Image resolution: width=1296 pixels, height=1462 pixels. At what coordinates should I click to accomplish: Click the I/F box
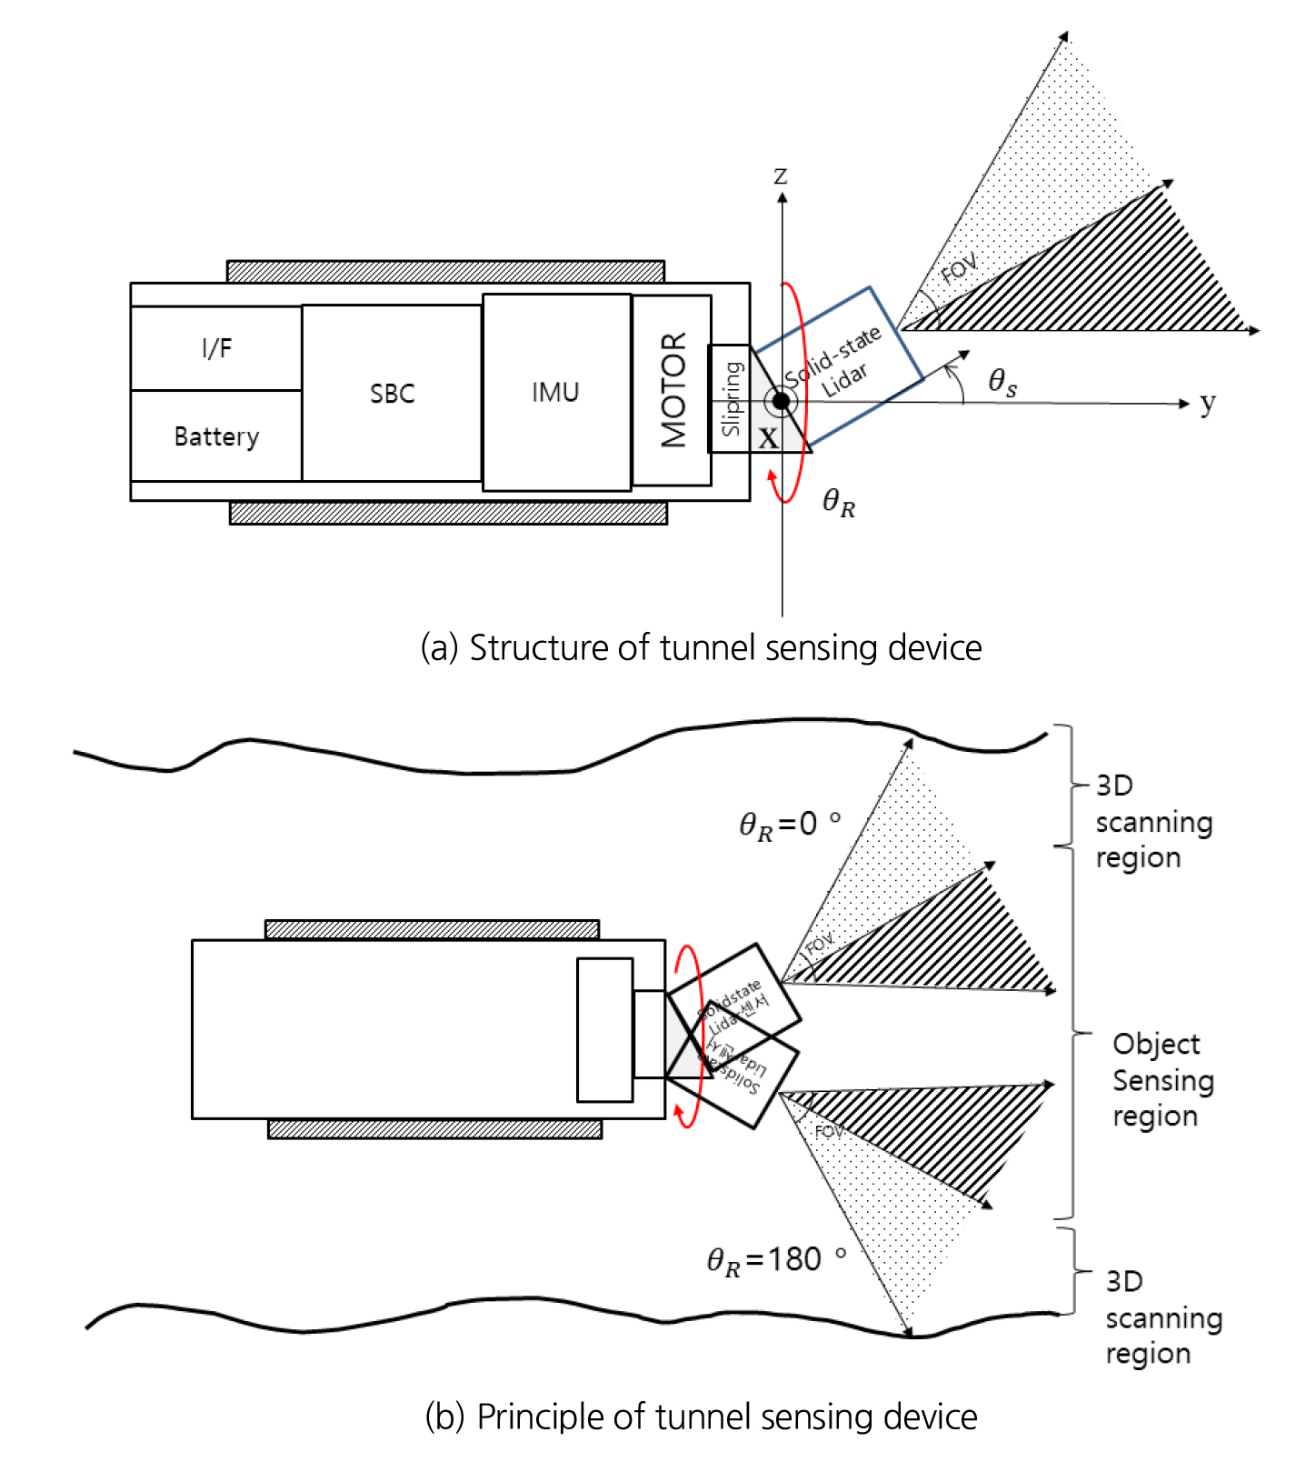click(216, 348)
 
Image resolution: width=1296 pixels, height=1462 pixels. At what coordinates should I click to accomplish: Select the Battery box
click(216, 436)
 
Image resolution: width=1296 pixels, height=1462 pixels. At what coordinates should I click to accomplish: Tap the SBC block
click(392, 393)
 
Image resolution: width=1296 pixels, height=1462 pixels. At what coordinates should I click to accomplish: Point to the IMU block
click(555, 392)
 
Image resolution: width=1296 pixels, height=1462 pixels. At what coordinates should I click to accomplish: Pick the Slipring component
click(730, 398)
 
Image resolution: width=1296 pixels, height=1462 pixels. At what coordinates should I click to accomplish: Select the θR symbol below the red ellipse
click(838, 502)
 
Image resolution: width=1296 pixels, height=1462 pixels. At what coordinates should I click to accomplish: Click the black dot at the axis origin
click(781, 401)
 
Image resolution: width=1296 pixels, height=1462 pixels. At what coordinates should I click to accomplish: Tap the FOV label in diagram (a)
click(958, 269)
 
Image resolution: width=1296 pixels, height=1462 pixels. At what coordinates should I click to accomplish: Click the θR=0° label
click(789, 825)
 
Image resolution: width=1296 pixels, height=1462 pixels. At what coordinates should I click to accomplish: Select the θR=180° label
click(775, 1260)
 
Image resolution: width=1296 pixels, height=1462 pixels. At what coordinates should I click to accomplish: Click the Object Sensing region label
click(1161, 1080)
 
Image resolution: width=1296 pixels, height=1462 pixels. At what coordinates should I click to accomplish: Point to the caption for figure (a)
click(701, 647)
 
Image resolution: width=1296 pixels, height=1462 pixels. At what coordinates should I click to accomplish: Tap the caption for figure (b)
click(701, 1417)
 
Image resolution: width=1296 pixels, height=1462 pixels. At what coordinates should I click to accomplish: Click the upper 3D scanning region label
click(1152, 821)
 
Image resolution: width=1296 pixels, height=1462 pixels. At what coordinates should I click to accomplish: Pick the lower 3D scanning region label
click(1161, 1317)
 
